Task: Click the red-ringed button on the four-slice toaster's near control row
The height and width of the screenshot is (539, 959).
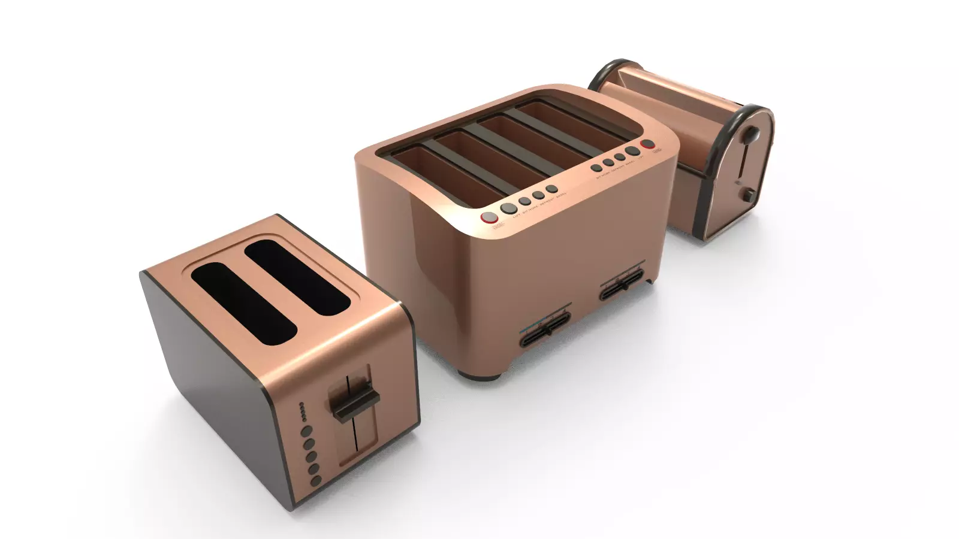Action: pyautogui.click(x=489, y=217)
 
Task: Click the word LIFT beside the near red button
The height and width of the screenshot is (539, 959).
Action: pyautogui.click(x=517, y=215)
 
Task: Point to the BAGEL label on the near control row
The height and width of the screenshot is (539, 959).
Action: pyautogui.click(x=561, y=195)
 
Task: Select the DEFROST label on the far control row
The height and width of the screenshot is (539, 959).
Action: pyautogui.click(x=618, y=168)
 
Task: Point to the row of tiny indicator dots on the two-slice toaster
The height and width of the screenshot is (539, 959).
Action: pyautogui.click(x=303, y=412)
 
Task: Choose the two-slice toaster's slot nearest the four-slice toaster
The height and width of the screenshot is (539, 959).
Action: pyautogui.click(x=297, y=277)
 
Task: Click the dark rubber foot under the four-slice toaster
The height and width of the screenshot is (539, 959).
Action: pyautogui.click(x=479, y=376)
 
